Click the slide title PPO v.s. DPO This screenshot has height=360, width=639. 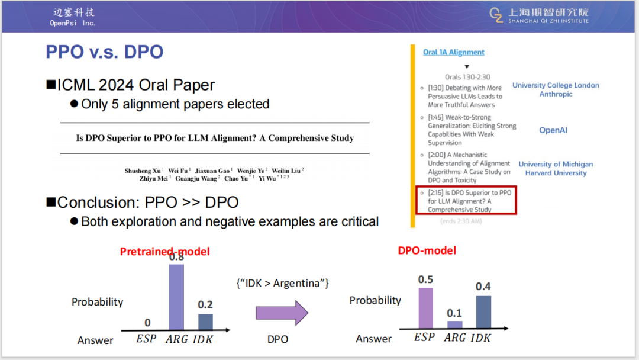104,52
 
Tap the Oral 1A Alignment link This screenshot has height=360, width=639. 454,52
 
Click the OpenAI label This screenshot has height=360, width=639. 553,130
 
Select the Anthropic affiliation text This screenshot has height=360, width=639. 556,94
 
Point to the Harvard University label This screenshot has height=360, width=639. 556,173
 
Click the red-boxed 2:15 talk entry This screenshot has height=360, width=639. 466,200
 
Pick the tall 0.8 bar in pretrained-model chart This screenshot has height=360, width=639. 176,297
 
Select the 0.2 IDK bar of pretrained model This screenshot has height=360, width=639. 205,322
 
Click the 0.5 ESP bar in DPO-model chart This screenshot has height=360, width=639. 426,308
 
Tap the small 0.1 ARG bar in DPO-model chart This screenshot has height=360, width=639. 455,324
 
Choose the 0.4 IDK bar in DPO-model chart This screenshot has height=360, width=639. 484,312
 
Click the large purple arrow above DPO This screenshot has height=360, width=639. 282,313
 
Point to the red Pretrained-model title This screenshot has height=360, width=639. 164,252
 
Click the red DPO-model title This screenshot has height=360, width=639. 427,250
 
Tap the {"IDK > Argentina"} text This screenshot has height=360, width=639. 282,284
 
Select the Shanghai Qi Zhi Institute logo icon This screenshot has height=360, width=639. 496,15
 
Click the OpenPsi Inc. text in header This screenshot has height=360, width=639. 73,23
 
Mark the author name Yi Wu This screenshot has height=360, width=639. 267,179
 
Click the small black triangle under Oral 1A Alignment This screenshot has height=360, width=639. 467,67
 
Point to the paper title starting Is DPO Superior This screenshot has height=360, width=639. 215,138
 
